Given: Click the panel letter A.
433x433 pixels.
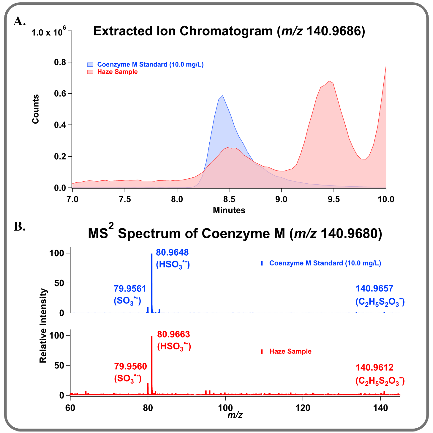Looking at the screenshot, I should click(19, 21).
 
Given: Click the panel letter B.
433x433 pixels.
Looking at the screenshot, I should click(19, 226).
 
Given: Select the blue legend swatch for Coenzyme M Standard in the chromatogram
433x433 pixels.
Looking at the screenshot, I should click(90, 64).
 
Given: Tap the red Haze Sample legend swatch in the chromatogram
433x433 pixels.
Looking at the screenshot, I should click(90, 72).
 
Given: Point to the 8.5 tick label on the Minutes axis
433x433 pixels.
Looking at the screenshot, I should click(229, 199).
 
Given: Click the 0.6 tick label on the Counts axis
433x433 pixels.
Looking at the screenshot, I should click(60, 94).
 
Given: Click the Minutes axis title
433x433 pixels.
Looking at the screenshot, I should click(229, 210).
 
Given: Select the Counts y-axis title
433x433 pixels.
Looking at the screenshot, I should click(36, 109).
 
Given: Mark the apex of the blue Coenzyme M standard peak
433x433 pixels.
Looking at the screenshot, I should click(222, 96).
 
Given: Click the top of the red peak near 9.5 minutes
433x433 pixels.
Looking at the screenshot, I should click(329, 81).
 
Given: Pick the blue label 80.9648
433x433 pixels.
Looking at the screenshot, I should click(172, 253).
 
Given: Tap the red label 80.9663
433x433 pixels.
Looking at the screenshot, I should click(173, 334).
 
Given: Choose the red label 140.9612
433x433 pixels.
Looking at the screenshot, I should click(374, 368).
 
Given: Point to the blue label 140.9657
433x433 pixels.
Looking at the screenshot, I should click(374, 288).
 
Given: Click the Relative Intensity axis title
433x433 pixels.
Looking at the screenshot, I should click(43, 325).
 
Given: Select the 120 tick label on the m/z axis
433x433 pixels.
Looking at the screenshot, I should click(303, 408).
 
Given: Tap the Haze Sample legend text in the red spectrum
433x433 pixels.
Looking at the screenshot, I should click(290, 351).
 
